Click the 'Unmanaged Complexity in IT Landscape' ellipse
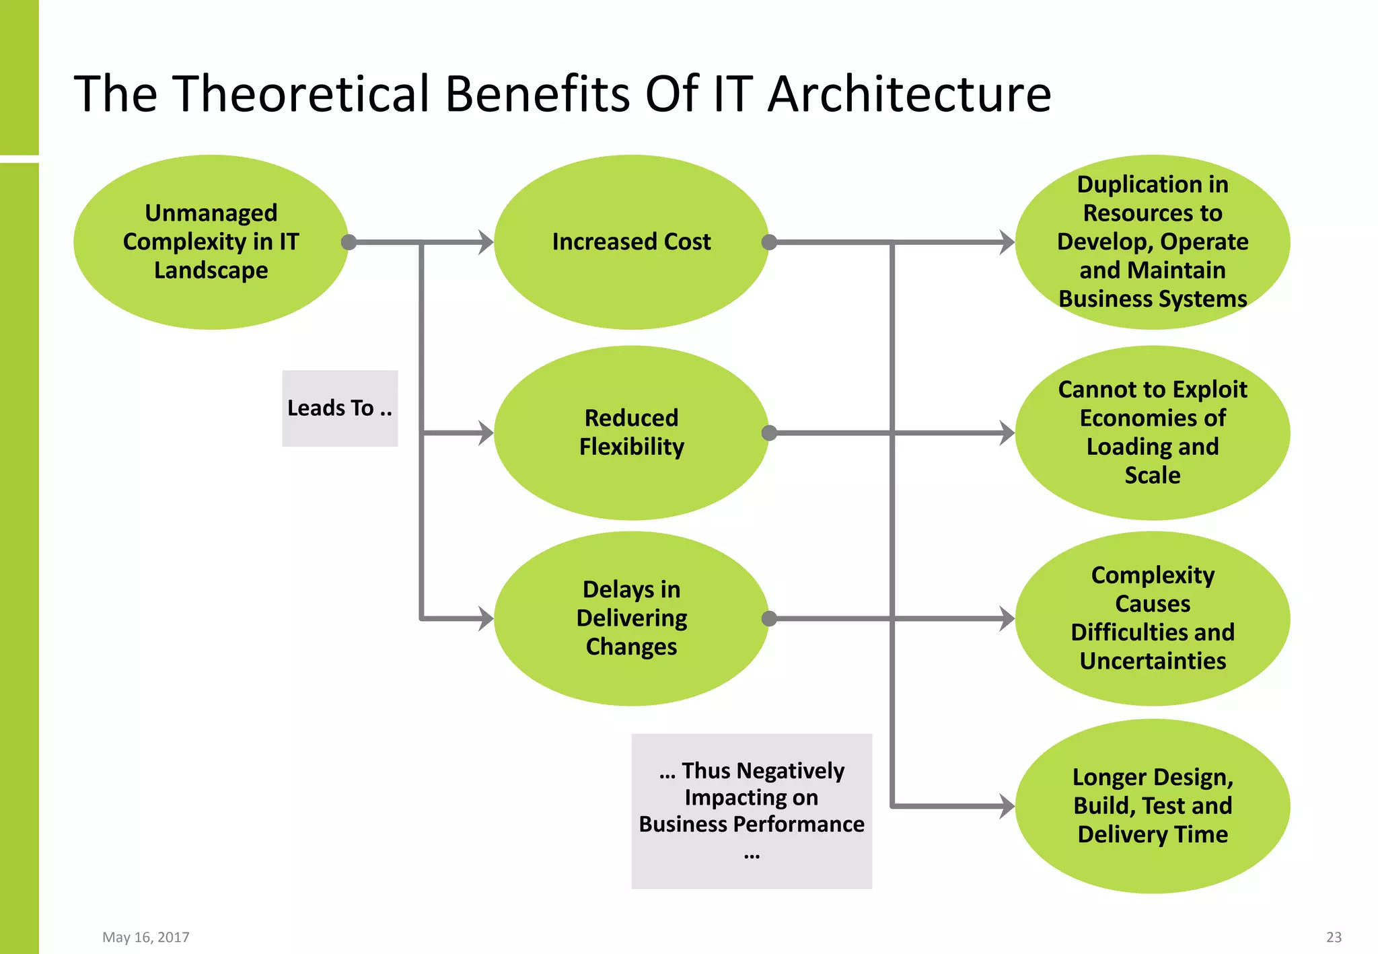click(211, 242)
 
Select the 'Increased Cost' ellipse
click(631, 242)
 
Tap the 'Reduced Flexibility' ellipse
click(631, 433)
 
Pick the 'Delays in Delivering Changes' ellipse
click(631, 618)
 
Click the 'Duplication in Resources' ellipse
click(1152, 242)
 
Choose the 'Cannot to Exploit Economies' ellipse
click(1152, 433)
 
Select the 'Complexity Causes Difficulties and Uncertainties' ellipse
click(1152, 618)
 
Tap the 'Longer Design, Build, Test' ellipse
click(1152, 806)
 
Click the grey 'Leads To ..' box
click(340, 408)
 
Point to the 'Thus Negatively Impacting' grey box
click(752, 811)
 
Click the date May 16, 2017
click(146, 937)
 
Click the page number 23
click(1334, 937)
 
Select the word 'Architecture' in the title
click(909, 94)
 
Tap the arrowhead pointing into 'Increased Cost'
click(486, 242)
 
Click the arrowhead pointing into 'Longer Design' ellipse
click(1007, 806)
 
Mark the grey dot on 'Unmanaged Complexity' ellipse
click(349, 242)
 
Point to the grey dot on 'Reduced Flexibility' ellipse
click(769, 433)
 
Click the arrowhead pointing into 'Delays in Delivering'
click(486, 618)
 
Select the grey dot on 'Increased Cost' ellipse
click(769, 242)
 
